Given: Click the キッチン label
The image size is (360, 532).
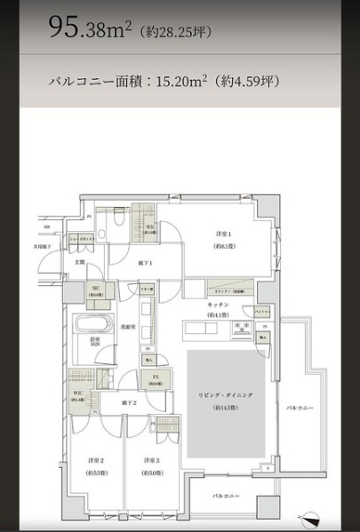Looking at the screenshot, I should [x=220, y=305].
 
